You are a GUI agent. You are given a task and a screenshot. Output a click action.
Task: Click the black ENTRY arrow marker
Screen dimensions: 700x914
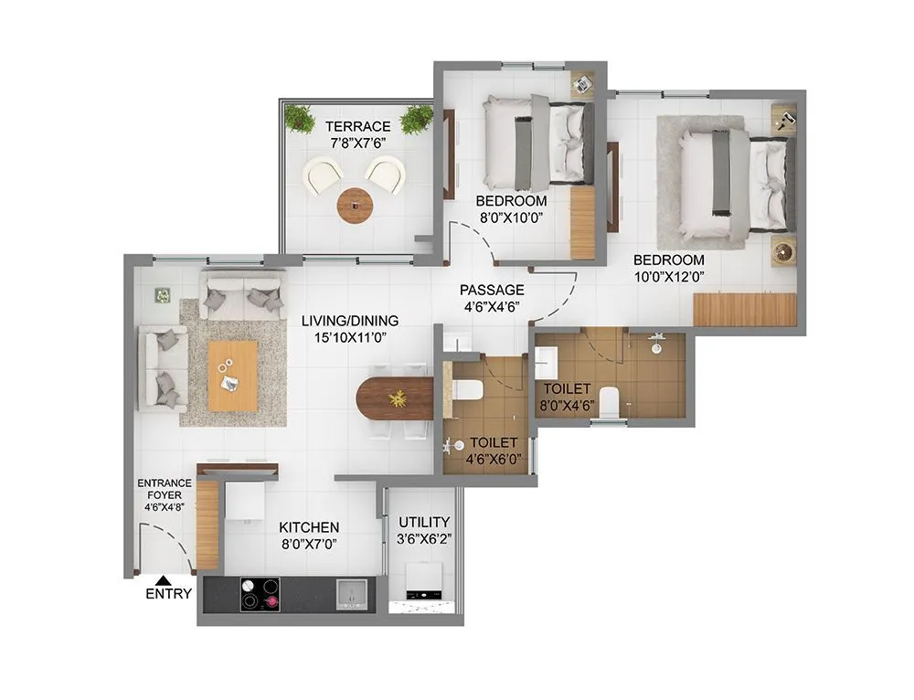(162, 579)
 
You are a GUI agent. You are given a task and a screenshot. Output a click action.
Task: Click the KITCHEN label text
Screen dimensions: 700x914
(309, 528)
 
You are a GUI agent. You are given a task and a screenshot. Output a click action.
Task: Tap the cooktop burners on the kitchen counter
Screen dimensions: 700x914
(260, 594)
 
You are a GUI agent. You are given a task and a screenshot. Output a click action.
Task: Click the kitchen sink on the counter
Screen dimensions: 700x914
(351, 594)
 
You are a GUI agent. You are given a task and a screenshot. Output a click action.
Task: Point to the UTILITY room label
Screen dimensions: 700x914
(423, 522)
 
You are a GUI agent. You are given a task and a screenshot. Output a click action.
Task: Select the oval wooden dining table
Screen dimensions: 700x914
(394, 398)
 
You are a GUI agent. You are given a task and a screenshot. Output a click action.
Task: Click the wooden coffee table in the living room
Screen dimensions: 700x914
(232, 375)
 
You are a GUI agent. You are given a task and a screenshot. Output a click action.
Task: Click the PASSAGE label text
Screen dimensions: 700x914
(492, 291)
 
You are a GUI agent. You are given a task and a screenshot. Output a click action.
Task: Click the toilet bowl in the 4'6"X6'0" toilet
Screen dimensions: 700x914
(467, 390)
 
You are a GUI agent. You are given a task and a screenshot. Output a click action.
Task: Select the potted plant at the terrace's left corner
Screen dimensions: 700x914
(298, 117)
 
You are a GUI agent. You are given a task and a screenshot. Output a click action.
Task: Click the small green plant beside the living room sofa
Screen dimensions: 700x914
(163, 295)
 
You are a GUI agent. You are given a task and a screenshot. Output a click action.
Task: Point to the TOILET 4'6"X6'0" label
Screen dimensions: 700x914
(494, 450)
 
